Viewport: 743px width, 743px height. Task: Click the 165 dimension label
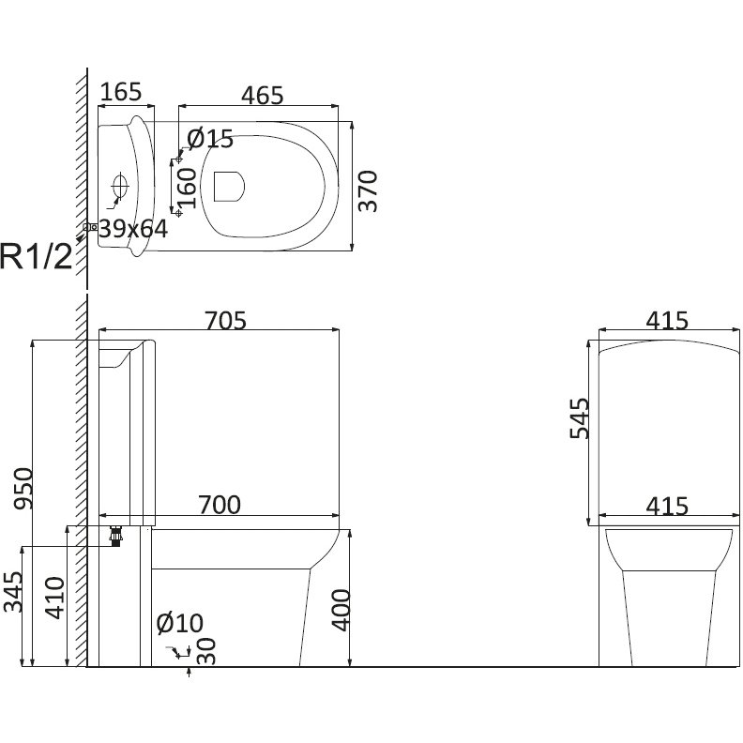(121, 92)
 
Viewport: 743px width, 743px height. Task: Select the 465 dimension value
(262, 96)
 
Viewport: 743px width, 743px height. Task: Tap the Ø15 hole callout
(210, 139)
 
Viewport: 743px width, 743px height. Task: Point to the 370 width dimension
(368, 191)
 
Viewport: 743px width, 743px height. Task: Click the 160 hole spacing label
(188, 188)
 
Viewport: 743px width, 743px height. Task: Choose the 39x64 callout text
(133, 229)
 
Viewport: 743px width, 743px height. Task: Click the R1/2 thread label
(37, 256)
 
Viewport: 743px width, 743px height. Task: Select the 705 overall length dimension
(225, 320)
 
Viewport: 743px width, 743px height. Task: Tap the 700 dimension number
(220, 505)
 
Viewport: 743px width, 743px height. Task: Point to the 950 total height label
(23, 489)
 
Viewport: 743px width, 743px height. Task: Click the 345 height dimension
(13, 592)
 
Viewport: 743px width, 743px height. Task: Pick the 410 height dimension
(54, 598)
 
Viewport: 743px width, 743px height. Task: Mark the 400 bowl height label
(341, 611)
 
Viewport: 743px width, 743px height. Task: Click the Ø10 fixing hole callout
(179, 623)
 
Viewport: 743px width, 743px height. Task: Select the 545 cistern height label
(579, 418)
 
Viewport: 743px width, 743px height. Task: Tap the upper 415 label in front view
(667, 321)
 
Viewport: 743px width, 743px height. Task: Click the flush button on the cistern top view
(120, 185)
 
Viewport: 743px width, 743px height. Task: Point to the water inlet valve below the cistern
(115, 536)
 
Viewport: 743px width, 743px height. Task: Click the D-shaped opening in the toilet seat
(229, 187)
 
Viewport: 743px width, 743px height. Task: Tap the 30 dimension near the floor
(206, 651)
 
